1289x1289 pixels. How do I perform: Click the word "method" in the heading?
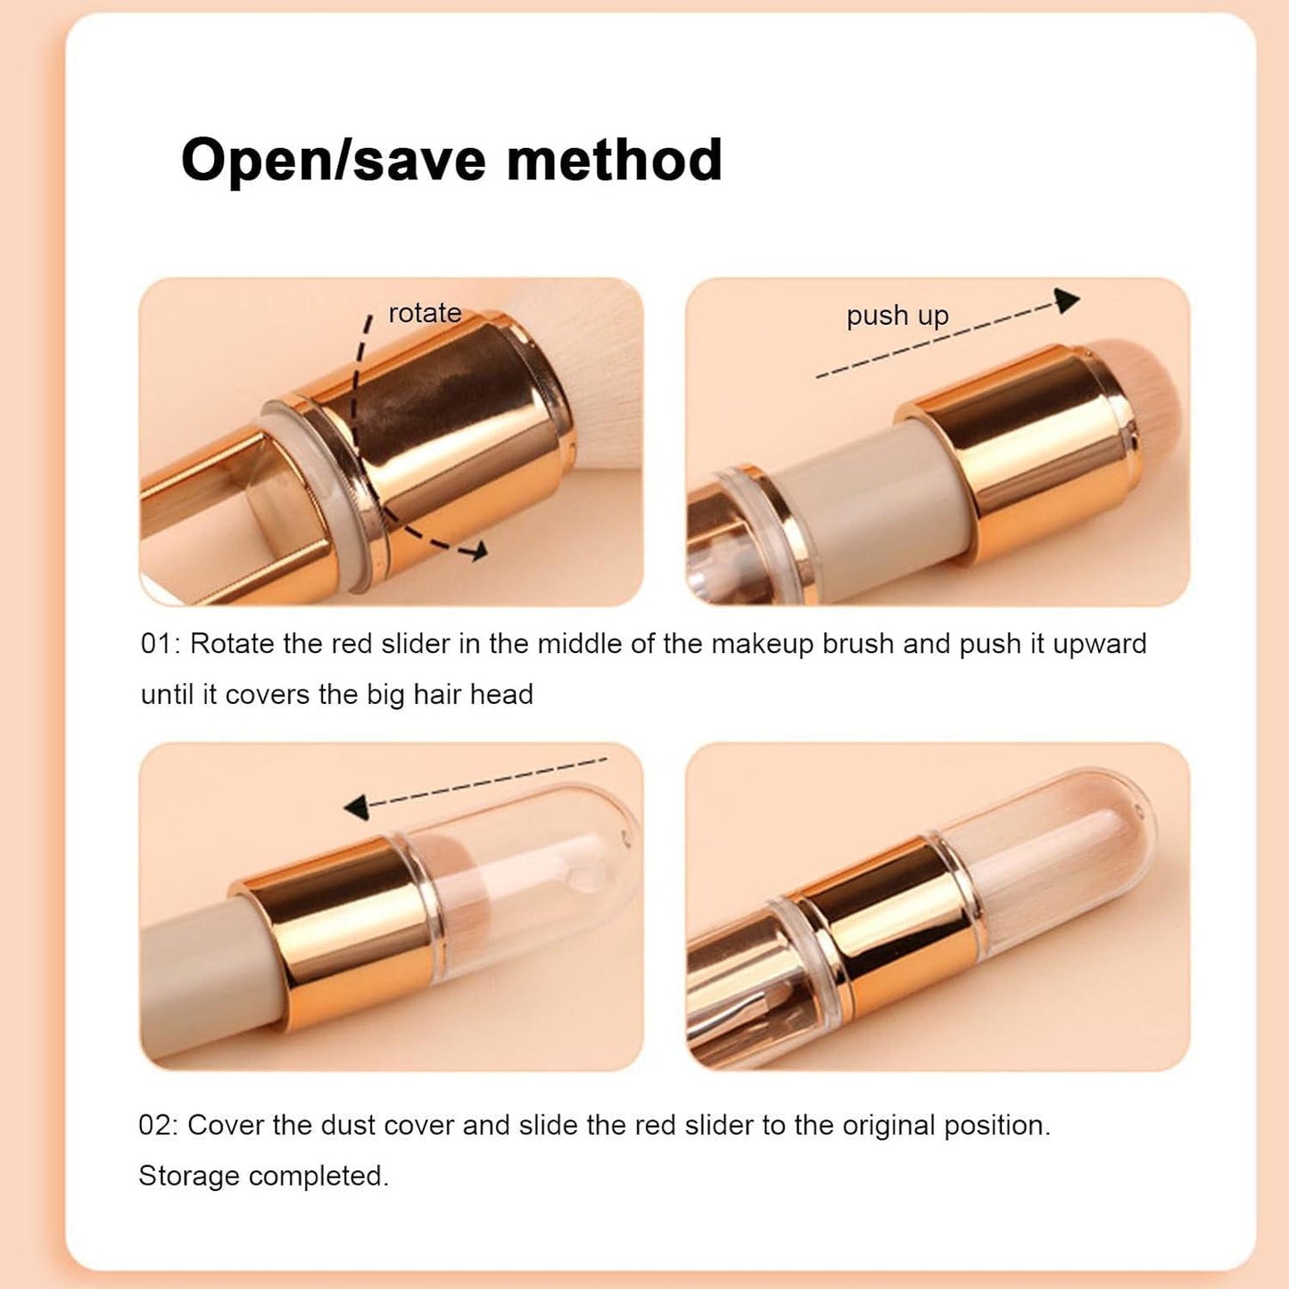click(614, 161)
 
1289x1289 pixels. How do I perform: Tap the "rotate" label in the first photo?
click(425, 313)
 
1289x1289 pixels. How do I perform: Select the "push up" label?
click(897, 316)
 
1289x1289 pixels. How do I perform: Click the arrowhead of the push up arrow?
click(1067, 301)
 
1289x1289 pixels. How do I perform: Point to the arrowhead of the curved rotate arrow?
click(478, 551)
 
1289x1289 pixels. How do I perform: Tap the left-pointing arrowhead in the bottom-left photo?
click(357, 808)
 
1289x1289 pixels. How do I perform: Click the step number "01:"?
click(161, 644)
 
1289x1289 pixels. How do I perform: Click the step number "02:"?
click(159, 1126)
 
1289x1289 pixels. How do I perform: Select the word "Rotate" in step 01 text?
click(231, 644)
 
